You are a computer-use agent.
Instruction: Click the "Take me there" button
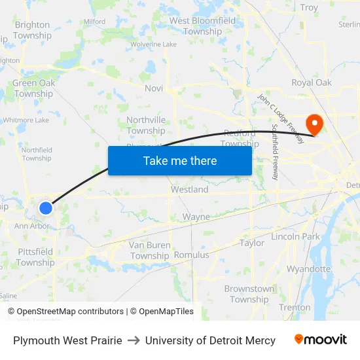pos(180,160)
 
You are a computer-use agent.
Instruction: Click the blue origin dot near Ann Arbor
pos(46,207)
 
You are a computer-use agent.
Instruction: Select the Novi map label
pos(154,88)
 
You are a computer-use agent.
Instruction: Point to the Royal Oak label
pos(312,82)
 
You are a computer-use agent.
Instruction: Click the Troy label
pos(309,8)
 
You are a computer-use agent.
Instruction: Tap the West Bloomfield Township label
pos(203,26)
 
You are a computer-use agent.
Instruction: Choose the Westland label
pos(190,189)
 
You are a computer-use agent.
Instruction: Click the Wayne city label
pos(196,217)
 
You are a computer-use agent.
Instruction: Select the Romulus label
pos(192,255)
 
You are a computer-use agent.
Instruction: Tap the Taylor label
pos(252,243)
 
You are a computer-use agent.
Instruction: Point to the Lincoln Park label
pos(295,236)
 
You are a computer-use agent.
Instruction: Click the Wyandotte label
pos(309,269)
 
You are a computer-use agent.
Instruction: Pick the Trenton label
pos(295,307)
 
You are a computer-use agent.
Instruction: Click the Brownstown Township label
pos(249,294)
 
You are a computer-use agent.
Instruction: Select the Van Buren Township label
pos(150,250)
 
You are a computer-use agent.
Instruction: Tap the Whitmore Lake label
pos(26,120)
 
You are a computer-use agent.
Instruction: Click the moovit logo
pos(321,340)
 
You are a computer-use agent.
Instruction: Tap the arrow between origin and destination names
pos(134,340)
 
